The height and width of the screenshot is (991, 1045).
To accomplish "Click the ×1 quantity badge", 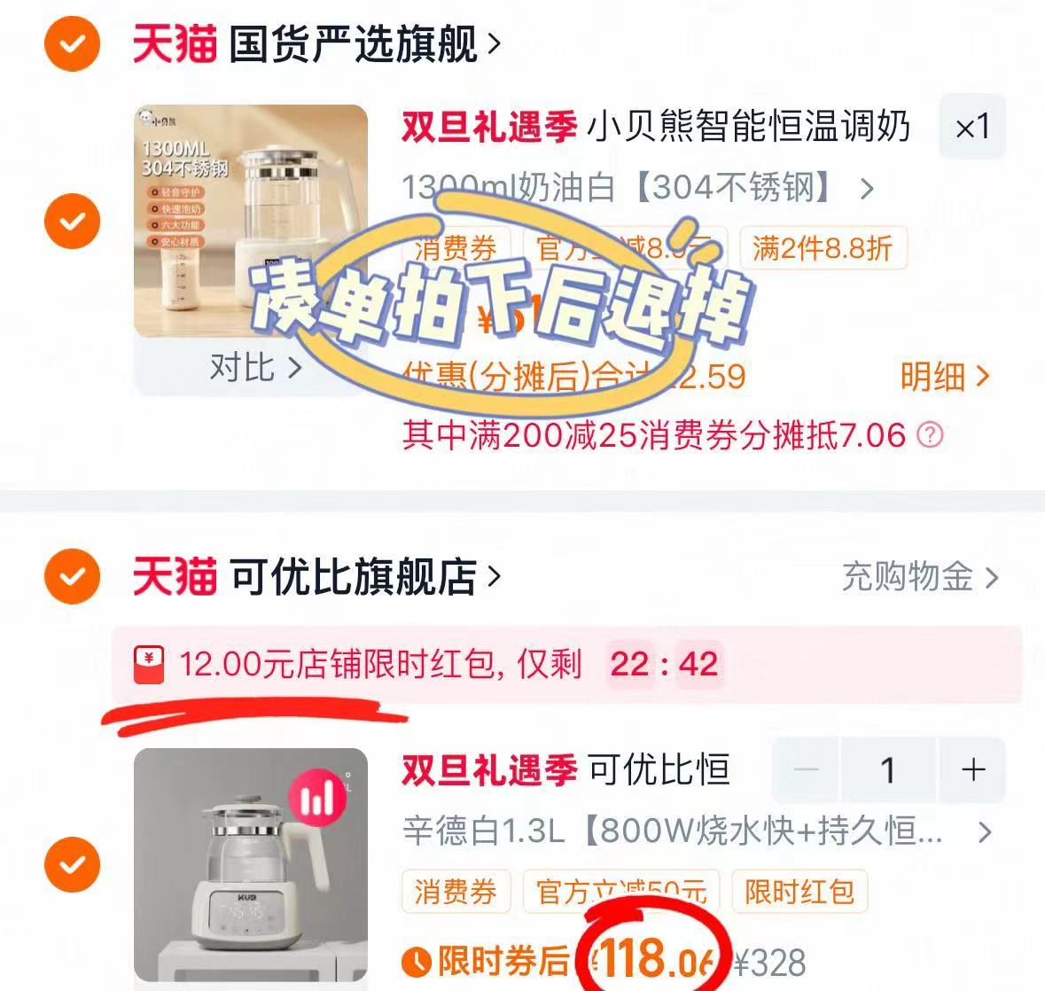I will (972, 128).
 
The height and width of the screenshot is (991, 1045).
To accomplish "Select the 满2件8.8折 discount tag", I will (822, 248).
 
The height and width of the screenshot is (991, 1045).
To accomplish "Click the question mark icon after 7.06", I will (930, 435).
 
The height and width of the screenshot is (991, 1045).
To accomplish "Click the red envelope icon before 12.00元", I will (149, 664).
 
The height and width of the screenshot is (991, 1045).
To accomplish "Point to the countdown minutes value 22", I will (629, 663).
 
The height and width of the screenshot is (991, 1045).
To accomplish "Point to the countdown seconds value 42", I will (698, 663).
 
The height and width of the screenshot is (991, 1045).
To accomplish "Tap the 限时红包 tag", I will (799, 891).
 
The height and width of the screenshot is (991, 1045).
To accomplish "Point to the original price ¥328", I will (770, 962).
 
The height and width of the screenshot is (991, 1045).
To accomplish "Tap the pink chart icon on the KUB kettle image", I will (316, 797).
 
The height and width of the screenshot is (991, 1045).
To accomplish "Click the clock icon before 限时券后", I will (416, 961).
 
